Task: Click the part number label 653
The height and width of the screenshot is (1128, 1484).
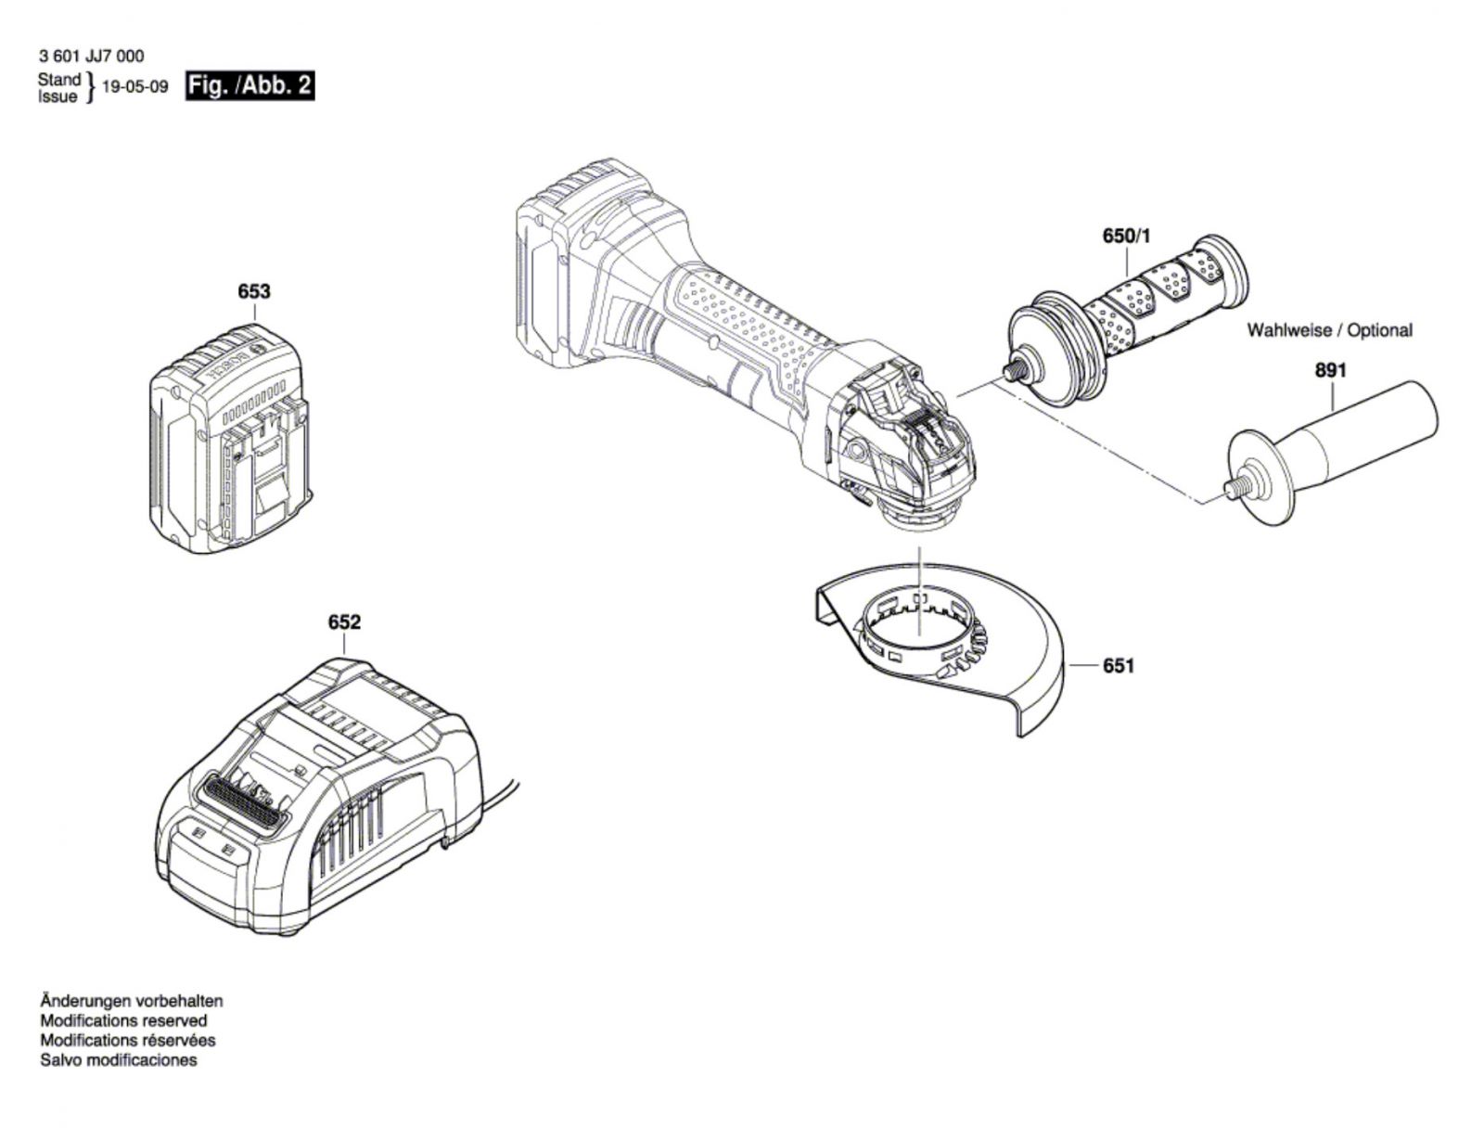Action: [x=253, y=291]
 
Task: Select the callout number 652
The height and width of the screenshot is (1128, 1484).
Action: [x=344, y=622]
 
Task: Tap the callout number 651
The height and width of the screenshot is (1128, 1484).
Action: [x=1119, y=666]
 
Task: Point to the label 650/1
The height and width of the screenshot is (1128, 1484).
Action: [x=1126, y=236]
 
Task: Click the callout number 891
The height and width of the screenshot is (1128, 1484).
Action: [x=1331, y=370]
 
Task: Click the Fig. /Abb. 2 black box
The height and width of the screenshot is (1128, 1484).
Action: [x=250, y=86]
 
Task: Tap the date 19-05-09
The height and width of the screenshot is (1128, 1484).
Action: [x=134, y=87]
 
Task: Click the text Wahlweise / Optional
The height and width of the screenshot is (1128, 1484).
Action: [x=1329, y=330]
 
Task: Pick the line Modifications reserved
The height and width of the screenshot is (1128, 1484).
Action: [x=123, y=1020]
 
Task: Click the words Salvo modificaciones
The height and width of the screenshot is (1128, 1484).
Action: [x=119, y=1059]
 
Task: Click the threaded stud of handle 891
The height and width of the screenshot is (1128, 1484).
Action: [x=1235, y=487]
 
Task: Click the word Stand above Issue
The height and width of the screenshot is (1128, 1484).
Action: [x=58, y=80]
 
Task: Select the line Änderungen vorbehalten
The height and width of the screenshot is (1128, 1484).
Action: [x=131, y=1001]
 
